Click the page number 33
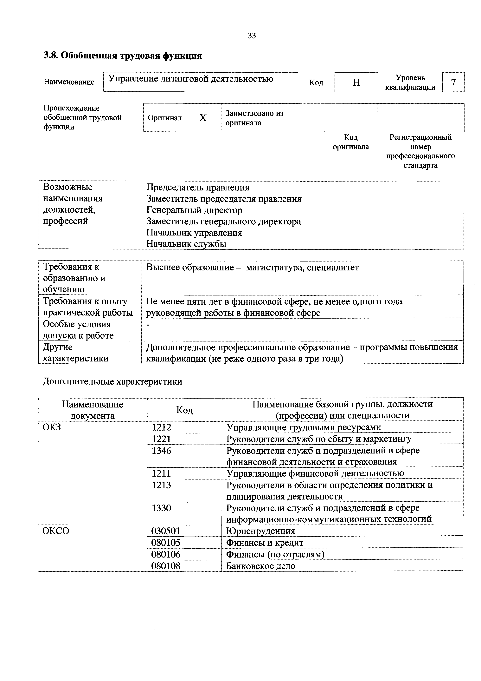pyautogui.click(x=252, y=36)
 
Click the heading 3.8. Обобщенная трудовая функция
pyautogui.click(x=123, y=56)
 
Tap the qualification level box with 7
pyautogui.click(x=453, y=82)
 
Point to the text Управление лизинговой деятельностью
pyautogui.click(x=191, y=79)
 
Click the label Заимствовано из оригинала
pyautogui.click(x=254, y=118)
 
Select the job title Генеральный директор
pyautogui.click(x=194, y=210)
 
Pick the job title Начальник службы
pyautogui.click(x=186, y=244)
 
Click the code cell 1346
pyautogui.click(x=162, y=451)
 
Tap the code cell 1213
pyautogui.click(x=162, y=485)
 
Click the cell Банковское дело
pyautogui.click(x=260, y=566)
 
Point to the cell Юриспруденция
pyautogui.click(x=260, y=531)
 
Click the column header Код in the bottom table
pyautogui.click(x=184, y=410)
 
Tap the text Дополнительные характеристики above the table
pyautogui.click(x=113, y=381)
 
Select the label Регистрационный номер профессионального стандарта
pyautogui.click(x=420, y=151)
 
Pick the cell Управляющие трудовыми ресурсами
pyautogui.click(x=304, y=427)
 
